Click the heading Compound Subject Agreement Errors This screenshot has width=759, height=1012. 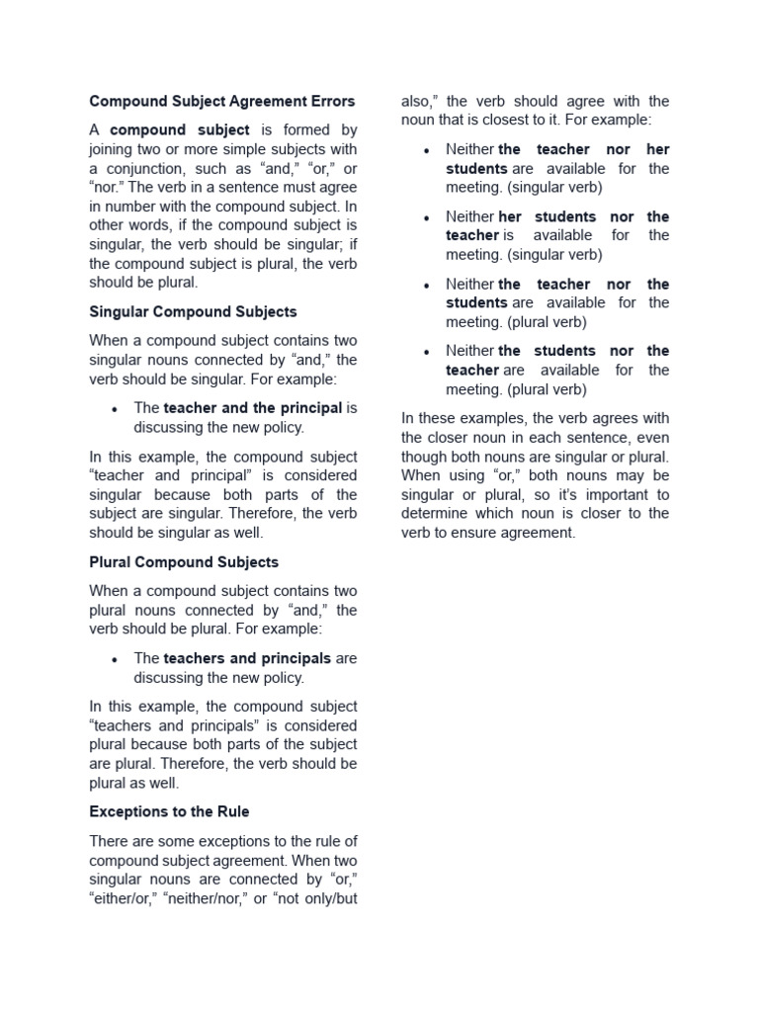pyautogui.click(x=221, y=101)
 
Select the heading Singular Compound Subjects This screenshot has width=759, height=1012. pyautogui.click(x=193, y=311)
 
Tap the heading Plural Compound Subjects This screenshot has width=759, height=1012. pyautogui.click(x=184, y=562)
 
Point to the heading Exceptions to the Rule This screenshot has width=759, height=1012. pyautogui.click(x=169, y=811)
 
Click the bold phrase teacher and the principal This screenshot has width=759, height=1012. pyautogui.click(x=253, y=408)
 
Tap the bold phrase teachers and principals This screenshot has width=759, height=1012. pyautogui.click(x=247, y=658)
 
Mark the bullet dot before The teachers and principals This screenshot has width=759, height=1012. pyautogui.click(x=115, y=659)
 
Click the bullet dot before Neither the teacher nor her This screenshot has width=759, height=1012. pyautogui.click(x=426, y=150)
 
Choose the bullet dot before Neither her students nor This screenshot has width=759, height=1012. pyautogui.click(x=426, y=217)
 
